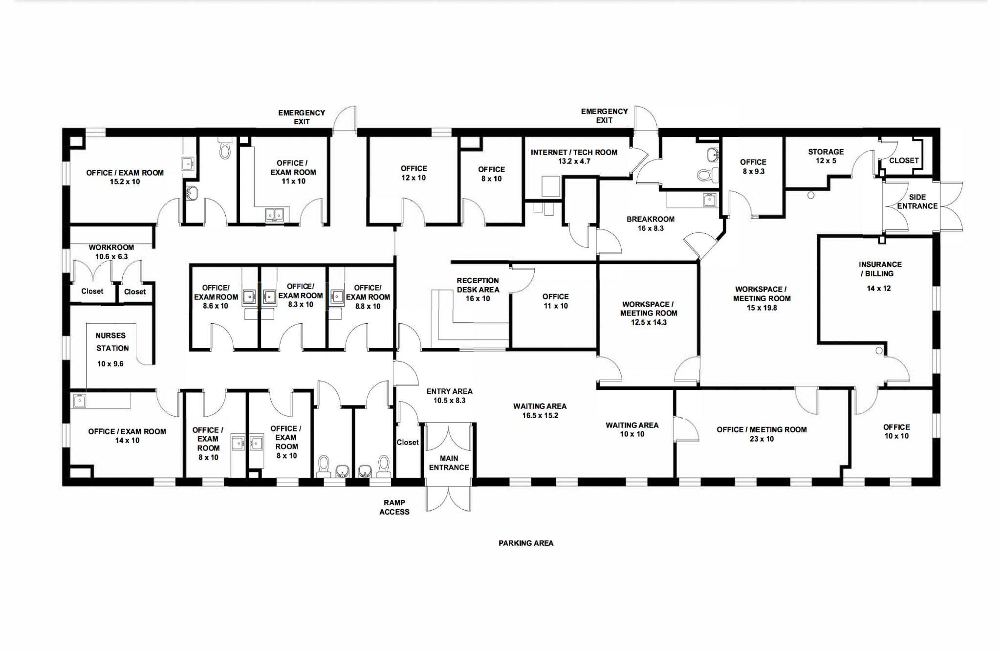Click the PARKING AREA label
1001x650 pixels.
526,543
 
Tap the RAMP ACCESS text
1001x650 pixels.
394,507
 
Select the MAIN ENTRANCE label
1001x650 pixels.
449,463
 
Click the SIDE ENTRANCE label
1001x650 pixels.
917,202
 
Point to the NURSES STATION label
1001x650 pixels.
112,342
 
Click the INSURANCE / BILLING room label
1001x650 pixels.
880,269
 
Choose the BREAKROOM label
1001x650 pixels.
651,219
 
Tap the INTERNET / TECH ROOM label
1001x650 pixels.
574,152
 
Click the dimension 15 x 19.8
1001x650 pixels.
762,308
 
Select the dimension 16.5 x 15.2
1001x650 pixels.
540,415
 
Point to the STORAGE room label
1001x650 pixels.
826,152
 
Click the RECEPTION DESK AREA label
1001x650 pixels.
478,285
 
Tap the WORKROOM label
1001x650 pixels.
111,247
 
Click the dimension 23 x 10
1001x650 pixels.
762,439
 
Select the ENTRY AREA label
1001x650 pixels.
449,391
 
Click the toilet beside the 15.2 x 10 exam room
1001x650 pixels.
225,149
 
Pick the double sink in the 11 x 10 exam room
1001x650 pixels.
274,214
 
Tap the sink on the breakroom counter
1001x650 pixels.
709,200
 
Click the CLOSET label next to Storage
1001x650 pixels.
904,160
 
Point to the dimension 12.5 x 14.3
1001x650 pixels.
649,322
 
